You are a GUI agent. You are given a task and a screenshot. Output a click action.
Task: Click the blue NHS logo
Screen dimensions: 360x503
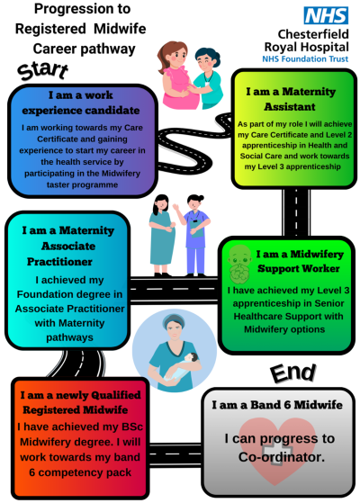(326, 15)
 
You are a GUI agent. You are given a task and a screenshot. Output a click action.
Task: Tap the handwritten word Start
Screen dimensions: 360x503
(42, 70)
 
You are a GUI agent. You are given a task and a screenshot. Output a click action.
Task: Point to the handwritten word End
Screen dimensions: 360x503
(293, 373)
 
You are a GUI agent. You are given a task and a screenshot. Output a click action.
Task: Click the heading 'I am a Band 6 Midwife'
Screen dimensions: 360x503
(277, 405)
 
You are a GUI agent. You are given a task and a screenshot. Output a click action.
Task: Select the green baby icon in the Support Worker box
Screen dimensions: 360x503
(239, 264)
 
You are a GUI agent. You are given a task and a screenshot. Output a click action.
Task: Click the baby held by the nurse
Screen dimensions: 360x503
(181, 365)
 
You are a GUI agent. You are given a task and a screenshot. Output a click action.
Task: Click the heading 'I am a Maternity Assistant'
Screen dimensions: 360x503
(291, 99)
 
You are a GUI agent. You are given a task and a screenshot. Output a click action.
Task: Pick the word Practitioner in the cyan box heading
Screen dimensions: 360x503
(59, 262)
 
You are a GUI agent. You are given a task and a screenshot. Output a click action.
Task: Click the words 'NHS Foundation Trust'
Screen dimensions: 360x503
(305, 59)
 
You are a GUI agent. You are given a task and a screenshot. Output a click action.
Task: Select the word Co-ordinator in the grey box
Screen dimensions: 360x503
(282, 457)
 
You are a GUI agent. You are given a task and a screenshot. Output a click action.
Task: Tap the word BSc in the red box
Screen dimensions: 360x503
(132, 427)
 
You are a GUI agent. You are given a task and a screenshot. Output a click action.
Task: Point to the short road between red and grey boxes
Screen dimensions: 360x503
(175, 454)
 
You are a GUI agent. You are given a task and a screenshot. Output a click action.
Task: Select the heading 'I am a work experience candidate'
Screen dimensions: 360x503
(81, 103)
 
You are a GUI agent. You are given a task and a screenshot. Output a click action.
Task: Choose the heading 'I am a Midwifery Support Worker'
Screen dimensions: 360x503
(300, 261)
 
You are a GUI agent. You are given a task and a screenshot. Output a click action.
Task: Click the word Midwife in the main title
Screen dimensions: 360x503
(120, 29)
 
